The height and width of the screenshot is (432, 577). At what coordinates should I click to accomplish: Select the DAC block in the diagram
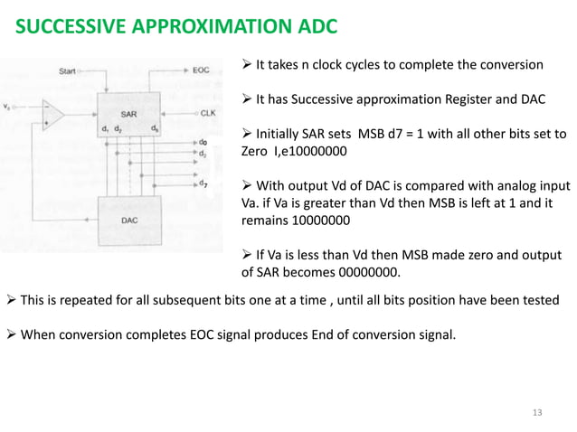(x=130, y=218)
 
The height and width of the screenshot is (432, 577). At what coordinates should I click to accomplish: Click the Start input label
(x=68, y=70)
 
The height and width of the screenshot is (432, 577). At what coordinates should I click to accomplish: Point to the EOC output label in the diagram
(x=201, y=70)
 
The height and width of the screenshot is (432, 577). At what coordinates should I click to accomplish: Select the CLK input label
(x=207, y=114)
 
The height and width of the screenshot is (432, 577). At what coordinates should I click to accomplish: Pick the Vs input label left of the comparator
(x=8, y=107)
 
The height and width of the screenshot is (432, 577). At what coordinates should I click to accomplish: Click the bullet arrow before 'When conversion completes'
(x=12, y=336)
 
